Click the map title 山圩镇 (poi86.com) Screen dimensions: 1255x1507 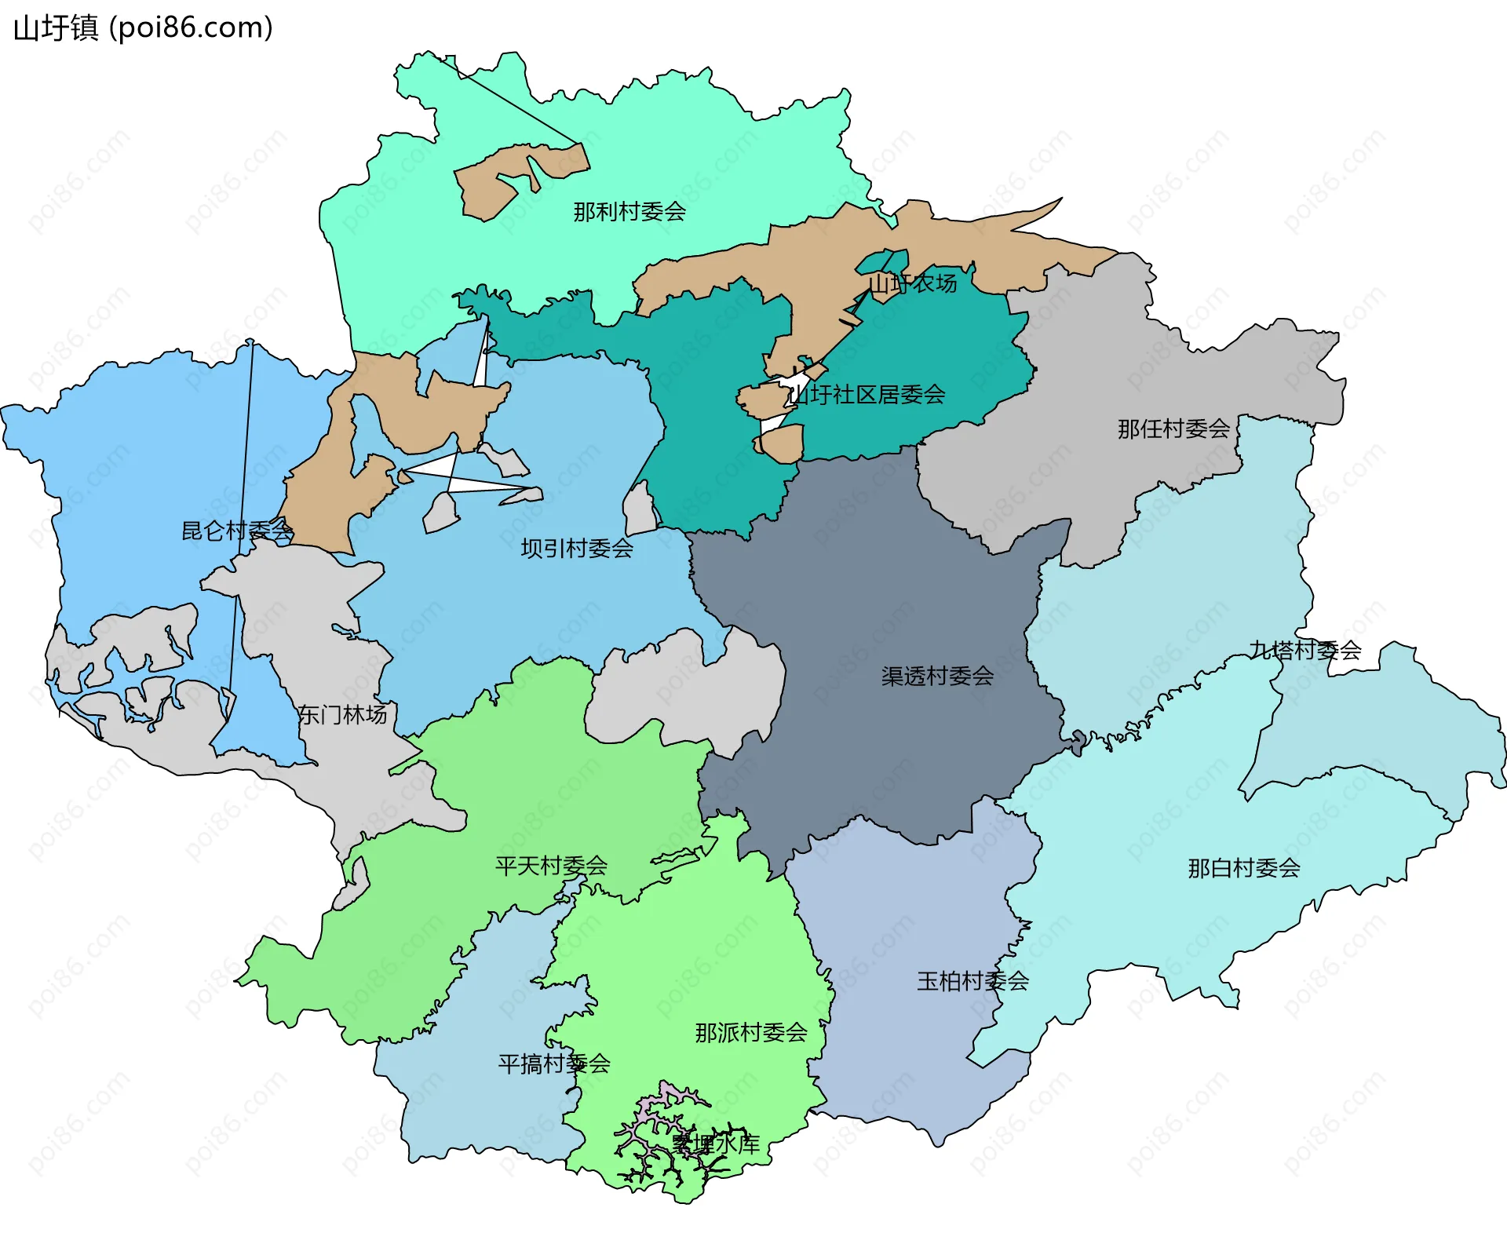coord(143,28)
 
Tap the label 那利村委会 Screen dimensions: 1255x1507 coord(629,212)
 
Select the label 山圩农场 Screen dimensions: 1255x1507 coord(913,283)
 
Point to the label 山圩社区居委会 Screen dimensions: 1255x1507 coord(867,395)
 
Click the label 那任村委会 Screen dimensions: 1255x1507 coord(1173,429)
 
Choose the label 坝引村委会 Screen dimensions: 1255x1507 coord(577,549)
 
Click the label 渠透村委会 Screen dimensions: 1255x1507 coord(937,677)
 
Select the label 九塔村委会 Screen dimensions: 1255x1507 coord(1305,651)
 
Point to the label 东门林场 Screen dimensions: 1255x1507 coord(342,715)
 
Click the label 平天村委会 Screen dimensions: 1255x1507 coord(551,866)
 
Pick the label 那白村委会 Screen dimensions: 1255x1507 coord(1244,869)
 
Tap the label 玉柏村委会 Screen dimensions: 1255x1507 coord(972,982)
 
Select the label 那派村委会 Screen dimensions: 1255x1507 coord(751,1033)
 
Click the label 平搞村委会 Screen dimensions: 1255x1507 coord(554,1064)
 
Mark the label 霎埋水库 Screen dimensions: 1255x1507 coord(715,1144)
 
